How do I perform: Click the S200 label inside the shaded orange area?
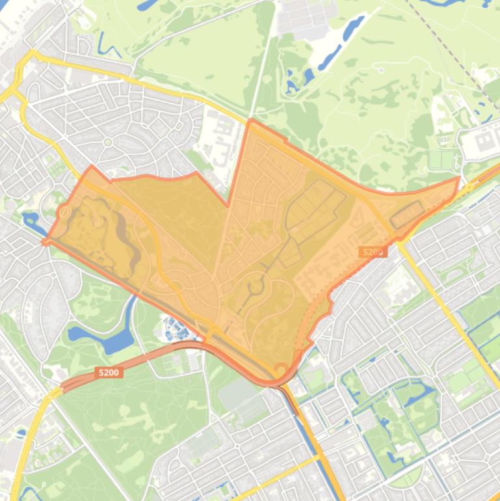(x=373, y=252)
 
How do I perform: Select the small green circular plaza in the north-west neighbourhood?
(x=108, y=142)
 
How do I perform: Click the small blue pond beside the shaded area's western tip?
(x=31, y=220)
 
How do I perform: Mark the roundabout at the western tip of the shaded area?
(x=64, y=212)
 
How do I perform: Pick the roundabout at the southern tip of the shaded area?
(x=281, y=370)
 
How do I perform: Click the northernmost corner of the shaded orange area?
(x=251, y=120)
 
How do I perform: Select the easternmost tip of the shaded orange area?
(x=459, y=177)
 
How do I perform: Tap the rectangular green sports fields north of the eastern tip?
(x=442, y=159)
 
